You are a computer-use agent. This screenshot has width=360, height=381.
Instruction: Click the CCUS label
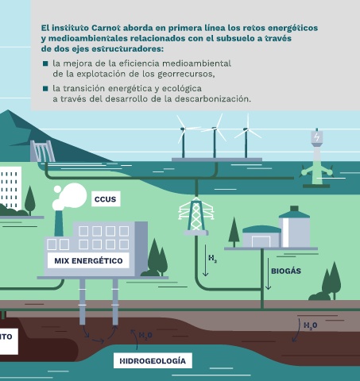[x=106, y=199]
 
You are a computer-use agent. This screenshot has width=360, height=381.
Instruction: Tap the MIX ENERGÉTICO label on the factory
[x=88, y=260]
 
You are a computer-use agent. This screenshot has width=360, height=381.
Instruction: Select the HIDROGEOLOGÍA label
[x=153, y=360]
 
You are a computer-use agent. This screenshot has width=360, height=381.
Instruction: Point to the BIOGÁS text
[x=286, y=271]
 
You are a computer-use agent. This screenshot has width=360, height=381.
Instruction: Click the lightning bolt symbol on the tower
[x=316, y=137]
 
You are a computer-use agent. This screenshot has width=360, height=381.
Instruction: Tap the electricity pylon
[x=196, y=216]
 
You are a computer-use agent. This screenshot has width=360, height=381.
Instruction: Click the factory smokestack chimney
[x=59, y=223]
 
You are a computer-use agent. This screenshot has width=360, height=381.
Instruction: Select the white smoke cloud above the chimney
[x=69, y=196]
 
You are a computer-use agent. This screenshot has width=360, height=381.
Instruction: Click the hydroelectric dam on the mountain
[x=42, y=151]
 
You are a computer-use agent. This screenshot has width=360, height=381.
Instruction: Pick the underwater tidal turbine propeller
[x=317, y=172]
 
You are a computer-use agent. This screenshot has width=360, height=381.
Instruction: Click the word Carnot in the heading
[x=106, y=28]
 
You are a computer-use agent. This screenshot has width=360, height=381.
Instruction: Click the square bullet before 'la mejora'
[x=45, y=63]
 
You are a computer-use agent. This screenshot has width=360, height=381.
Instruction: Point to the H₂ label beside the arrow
[x=212, y=258]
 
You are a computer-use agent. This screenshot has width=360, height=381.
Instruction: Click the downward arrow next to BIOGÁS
[x=268, y=274]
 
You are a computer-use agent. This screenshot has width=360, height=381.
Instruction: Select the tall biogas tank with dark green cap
[x=294, y=227]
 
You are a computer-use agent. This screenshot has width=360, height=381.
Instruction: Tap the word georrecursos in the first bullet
[x=186, y=74]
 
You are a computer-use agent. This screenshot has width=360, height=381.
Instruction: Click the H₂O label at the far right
[x=310, y=325]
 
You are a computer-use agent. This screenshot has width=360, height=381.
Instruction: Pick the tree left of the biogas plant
[x=234, y=232]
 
